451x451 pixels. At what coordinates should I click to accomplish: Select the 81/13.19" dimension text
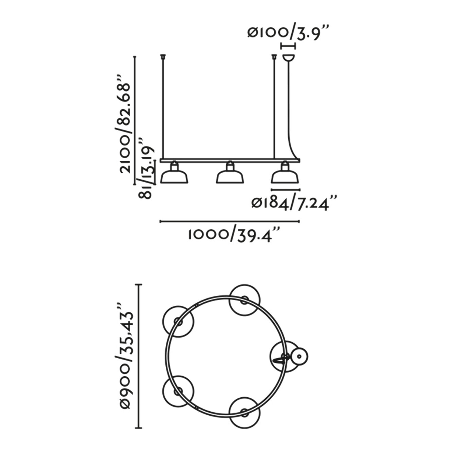(x=147, y=168)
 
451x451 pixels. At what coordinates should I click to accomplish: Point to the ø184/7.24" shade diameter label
(x=294, y=203)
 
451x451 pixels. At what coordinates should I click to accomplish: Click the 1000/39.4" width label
(x=234, y=235)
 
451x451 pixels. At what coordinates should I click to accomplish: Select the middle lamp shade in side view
(x=230, y=176)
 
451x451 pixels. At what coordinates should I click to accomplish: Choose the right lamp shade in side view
(x=285, y=176)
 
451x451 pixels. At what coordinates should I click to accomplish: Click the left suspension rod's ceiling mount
(x=163, y=55)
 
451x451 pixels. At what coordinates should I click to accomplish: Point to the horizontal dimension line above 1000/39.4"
(x=230, y=222)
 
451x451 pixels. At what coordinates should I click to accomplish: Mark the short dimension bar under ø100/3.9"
(x=288, y=46)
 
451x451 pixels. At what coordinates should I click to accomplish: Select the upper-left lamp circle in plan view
(x=178, y=321)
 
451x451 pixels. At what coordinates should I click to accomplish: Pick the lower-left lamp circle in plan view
(x=178, y=391)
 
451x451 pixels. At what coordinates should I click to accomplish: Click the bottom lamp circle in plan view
(x=245, y=412)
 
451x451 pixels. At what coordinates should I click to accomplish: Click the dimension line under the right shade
(x=285, y=190)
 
